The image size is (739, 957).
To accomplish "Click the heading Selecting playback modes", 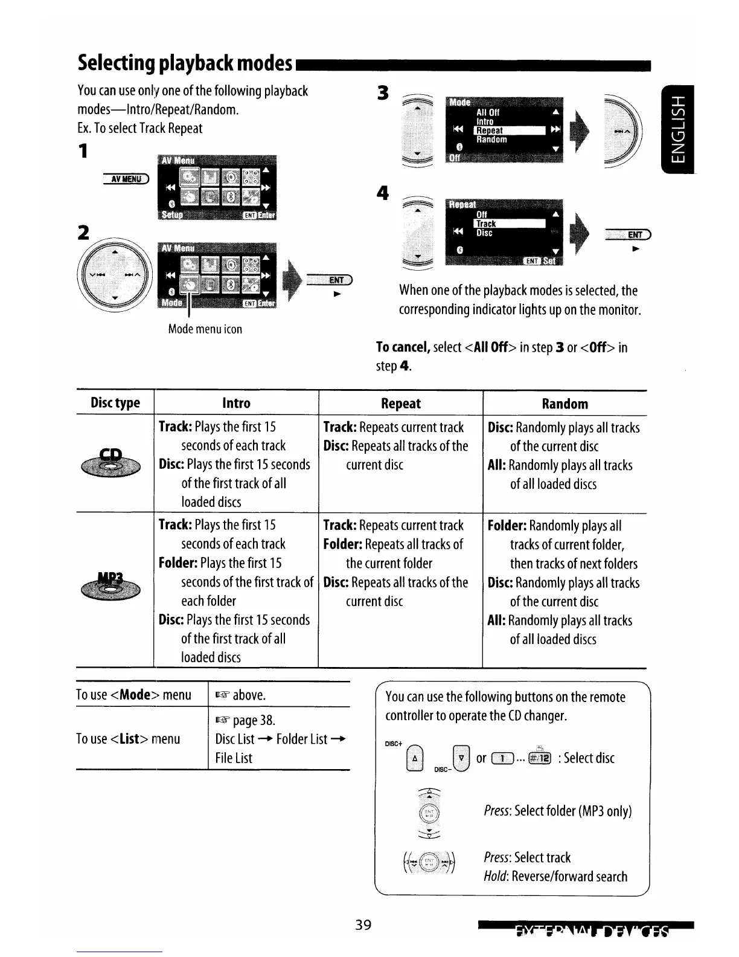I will pos(185,63).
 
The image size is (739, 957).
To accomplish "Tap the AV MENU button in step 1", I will pos(126,178).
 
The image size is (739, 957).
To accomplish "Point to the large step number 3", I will pos(382,93).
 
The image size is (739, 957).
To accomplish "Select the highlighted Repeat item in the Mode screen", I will pos(510,130).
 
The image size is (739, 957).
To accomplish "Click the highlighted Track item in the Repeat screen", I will pos(510,224).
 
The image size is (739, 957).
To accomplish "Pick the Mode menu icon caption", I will pos(205,329).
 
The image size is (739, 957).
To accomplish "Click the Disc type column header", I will pos(115,403).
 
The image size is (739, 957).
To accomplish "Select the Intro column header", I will pos(236,403).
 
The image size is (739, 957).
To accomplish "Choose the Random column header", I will pos(565,404).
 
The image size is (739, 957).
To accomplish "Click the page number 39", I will pos(363,925).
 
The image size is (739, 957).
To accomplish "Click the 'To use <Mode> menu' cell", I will pos(133,695).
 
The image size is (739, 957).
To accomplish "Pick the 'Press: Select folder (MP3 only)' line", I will pos(557,811).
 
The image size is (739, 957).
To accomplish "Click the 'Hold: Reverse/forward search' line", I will pos(555,877).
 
